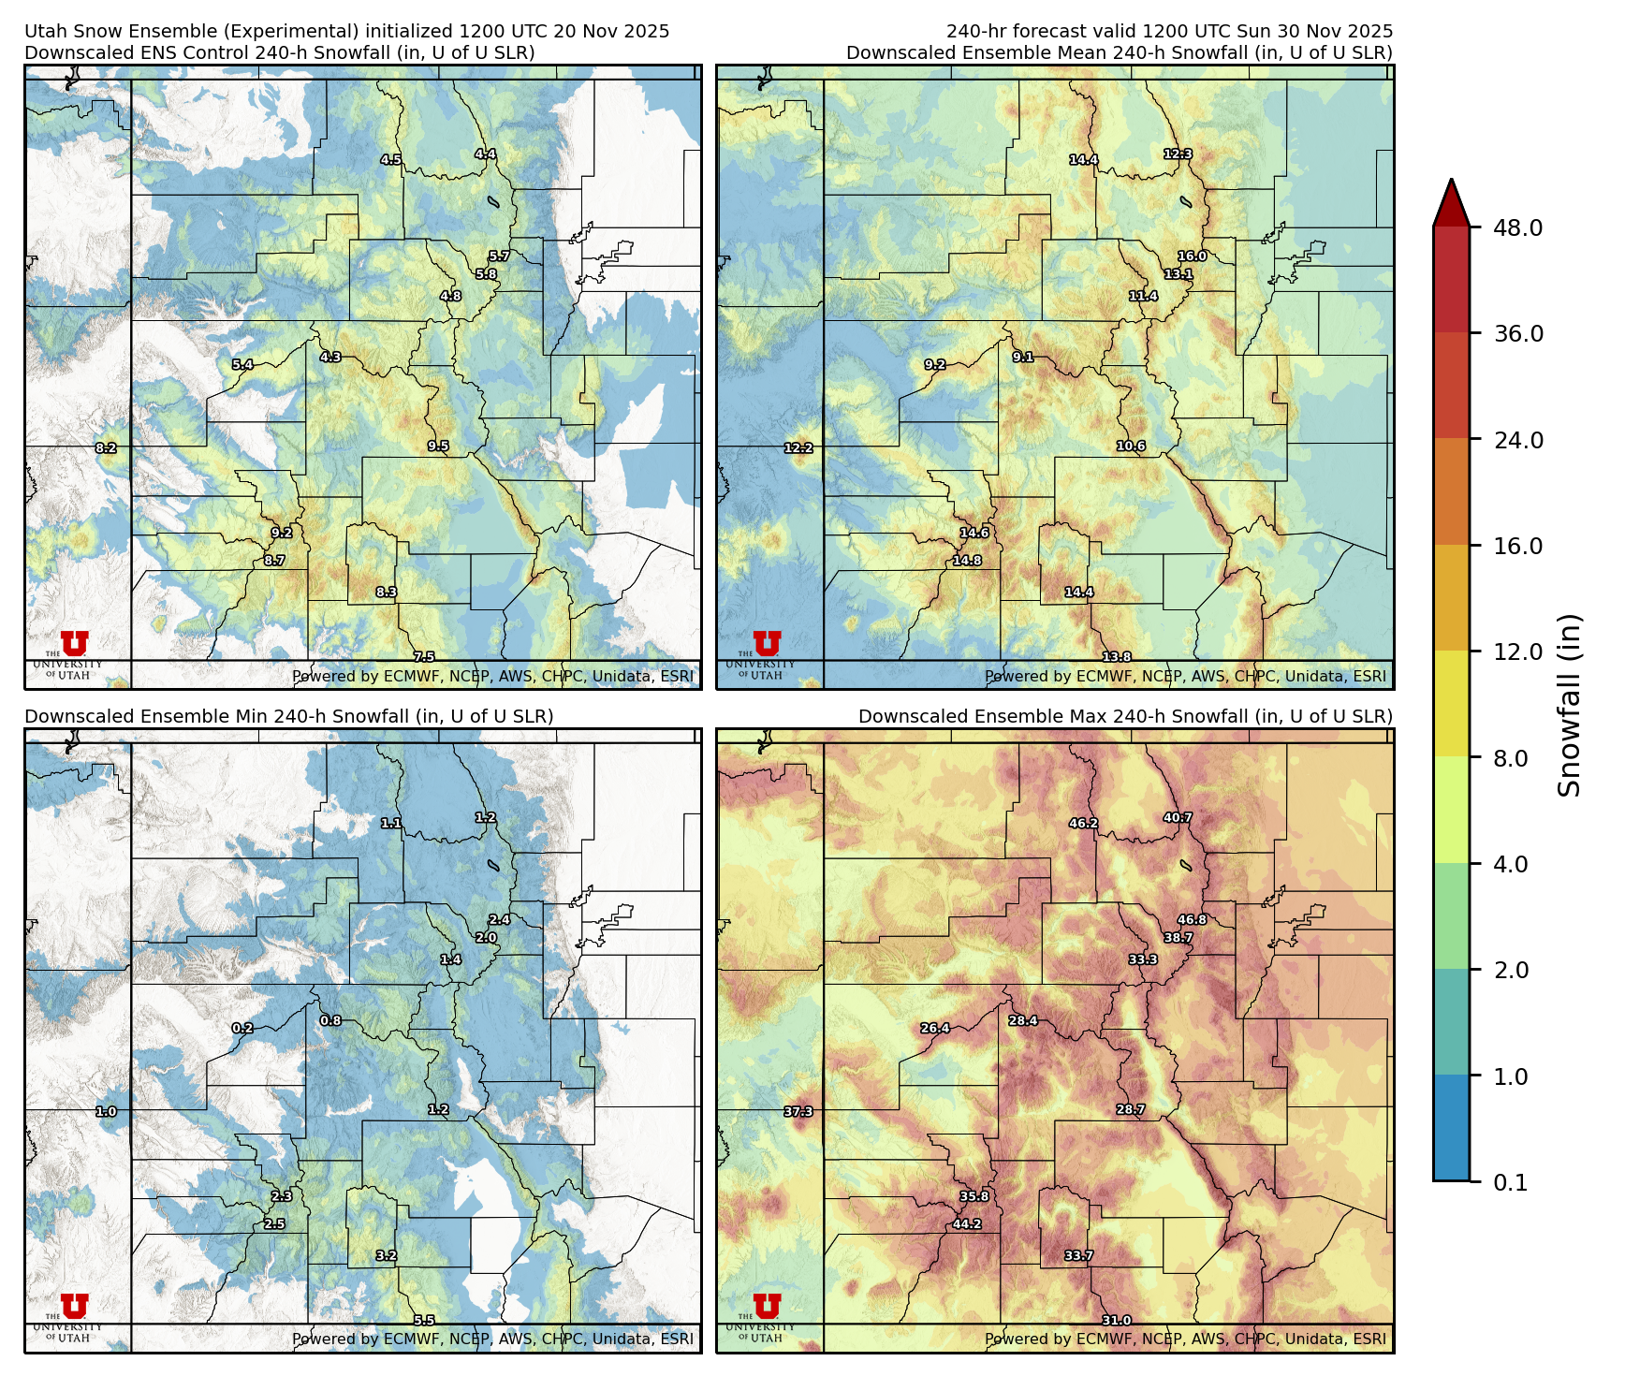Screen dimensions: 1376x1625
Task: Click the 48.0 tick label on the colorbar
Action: (1517, 227)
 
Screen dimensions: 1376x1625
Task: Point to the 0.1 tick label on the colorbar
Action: (1510, 1182)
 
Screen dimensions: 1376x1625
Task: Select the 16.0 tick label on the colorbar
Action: (1517, 546)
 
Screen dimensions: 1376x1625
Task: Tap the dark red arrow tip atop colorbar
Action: (1451, 199)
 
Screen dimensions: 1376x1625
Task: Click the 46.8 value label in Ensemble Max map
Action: (1192, 919)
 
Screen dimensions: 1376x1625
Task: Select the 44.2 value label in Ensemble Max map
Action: (967, 1223)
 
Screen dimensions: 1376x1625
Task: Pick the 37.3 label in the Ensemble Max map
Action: (798, 1111)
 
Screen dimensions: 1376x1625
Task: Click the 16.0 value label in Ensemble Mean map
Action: (1192, 256)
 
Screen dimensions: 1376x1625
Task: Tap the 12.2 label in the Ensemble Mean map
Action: (798, 447)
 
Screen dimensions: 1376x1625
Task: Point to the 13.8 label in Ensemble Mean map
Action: (1116, 656)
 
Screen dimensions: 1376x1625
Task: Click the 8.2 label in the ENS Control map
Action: (106, 447)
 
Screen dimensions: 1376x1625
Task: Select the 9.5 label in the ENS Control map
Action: (438, 446)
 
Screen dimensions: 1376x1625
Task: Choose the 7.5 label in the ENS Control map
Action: (424, 656)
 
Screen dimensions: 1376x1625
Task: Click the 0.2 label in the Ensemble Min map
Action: (242, 1028)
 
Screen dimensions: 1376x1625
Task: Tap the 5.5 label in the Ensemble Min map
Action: (424, 1320)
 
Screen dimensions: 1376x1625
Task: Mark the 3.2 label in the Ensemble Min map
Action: (386, 1255)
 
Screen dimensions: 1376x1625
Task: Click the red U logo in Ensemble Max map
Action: (767, 1306)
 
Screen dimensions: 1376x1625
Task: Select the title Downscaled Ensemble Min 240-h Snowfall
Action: (288, 716)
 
